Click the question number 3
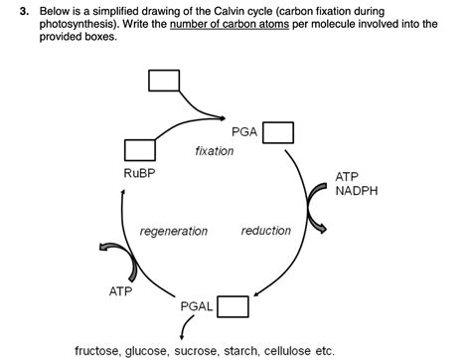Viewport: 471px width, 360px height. point(7,10)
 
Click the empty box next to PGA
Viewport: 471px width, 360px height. point(278,132)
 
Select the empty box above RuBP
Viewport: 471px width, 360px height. point(139,150)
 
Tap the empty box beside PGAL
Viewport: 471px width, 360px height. point(233,306)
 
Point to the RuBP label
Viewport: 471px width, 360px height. point(139,173)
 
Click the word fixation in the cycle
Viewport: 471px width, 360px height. point(215,151)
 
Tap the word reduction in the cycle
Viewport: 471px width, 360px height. point(266,231)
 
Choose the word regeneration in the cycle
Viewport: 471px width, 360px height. point(174,231)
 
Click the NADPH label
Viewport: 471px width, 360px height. point(359,191)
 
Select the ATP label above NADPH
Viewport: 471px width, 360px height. point(348,176)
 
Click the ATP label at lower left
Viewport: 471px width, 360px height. point(120,291)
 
